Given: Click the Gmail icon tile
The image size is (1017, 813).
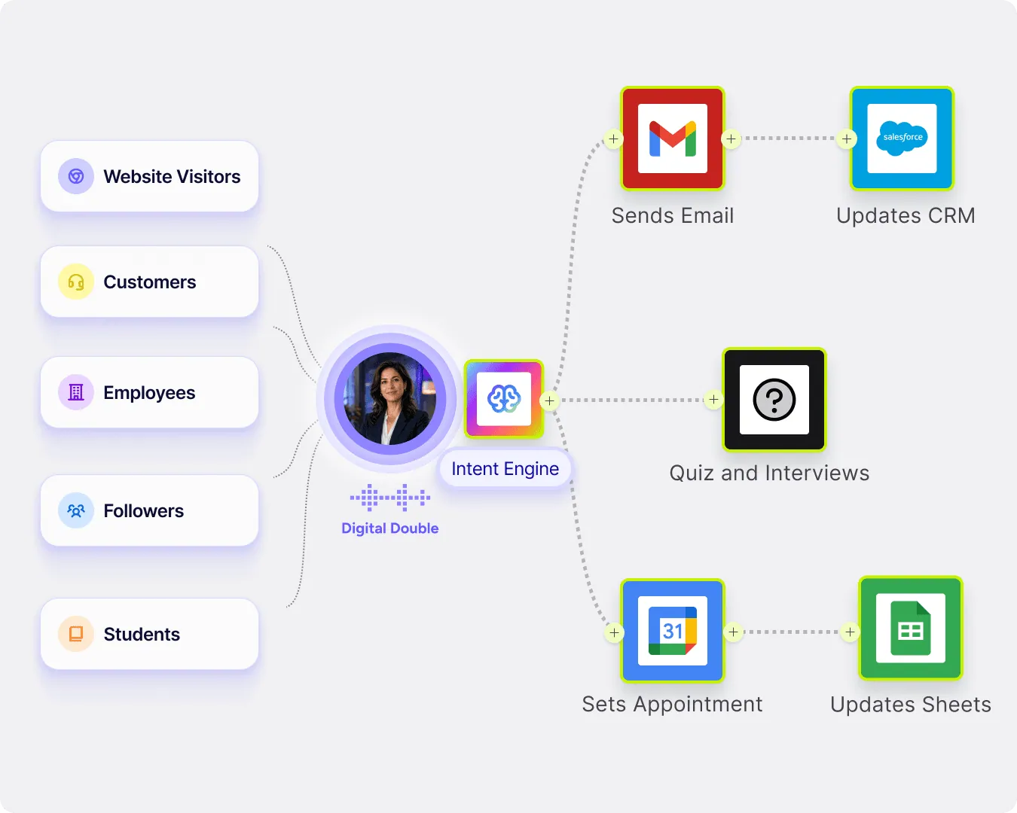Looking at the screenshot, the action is pyautogui.click(x=673, y=139).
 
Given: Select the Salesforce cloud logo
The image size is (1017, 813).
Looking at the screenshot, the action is pyautogui.click(x=902, y=138).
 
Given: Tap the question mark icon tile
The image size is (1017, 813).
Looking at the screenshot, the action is pyautogui.click(x=774, y=400).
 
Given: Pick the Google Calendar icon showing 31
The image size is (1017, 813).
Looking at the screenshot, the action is pyautogui.click(x=673, y=631).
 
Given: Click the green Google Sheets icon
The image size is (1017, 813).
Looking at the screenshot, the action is pyautogui.click(x=911, y=629).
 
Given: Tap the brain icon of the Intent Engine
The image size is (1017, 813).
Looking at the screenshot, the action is pyautogui.click(x=504, y=399).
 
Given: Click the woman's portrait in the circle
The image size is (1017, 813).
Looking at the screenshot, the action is pyautogui.click(x=390, y=399).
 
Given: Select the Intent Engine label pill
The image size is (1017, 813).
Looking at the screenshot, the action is pyautogui.click(x=505, y=469).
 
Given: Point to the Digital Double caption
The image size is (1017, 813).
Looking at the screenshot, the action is pyautogui.click(x=390, y=528).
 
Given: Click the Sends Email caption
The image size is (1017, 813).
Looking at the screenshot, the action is pyautogui.click(x=673, y=215).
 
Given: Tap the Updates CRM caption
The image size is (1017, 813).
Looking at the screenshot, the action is pyautogui.click(x=906, y=215).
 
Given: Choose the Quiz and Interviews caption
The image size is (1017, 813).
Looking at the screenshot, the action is pyautogui.click(x=769, y=473).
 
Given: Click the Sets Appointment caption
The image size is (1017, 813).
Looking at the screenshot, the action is pyautogui.click(x=672, y=705).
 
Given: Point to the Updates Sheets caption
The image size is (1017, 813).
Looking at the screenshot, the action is pyautogui.click(x=910, y=705).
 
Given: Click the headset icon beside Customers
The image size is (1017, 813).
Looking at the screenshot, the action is pyautogui.click(x=75, y=282).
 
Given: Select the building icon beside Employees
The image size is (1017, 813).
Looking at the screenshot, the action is pyautogui.click(x=75, y=392).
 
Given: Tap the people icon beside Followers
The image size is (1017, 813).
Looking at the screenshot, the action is pyautogui.click(x=75, y=510).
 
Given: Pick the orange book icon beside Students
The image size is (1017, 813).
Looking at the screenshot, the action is pyautogui.click(x=75, y=634).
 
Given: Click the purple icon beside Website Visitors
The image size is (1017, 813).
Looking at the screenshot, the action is pyautogui.click(x=75, y=176).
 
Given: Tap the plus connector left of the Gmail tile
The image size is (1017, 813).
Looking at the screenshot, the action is pyautogui.click(x=613, y=139).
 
